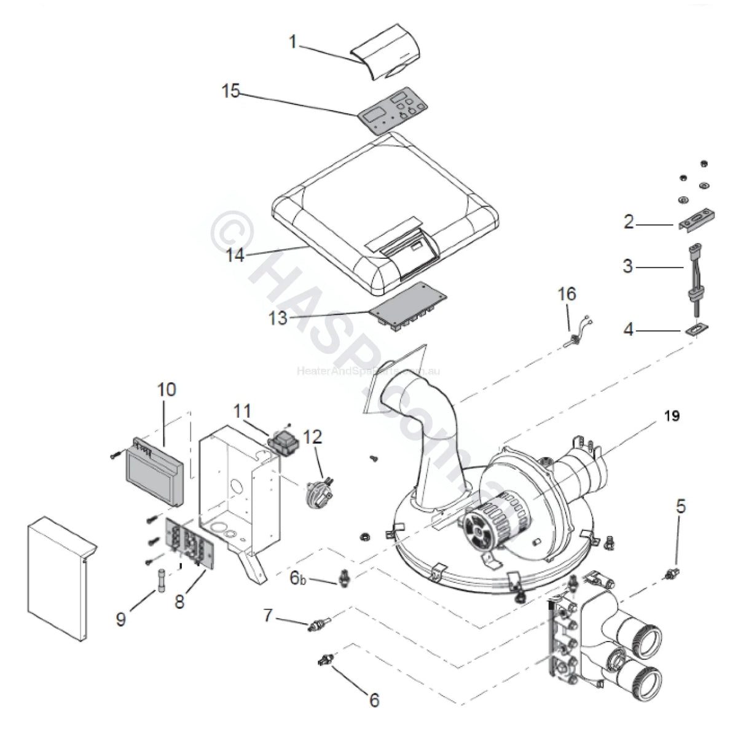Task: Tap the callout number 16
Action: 567,294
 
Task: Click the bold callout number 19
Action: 672,416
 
